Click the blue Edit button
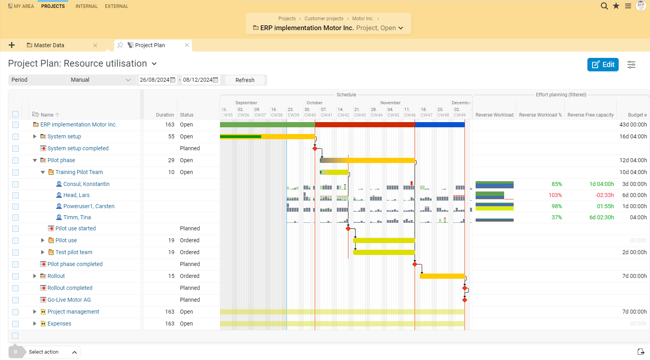pos(602,65)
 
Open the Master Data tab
pos(49,45)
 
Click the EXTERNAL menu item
pos(117,6)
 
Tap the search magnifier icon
pos(604,6)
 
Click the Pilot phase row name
pos(61,160)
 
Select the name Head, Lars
pos(76,195)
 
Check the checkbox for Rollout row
pos(15,276)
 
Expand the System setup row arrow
pos(35,136)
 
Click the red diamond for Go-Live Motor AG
pos(465,300)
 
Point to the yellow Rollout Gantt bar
pos(442,276)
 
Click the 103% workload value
pos(555,195)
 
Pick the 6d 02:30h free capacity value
pos(601,217)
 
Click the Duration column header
pos(165,115)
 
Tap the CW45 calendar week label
pos(393,115)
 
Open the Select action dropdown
pos(52,352)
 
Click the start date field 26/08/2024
pos(155,80)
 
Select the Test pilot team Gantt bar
pos(384,253)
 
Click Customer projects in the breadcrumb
pos(324,19)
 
